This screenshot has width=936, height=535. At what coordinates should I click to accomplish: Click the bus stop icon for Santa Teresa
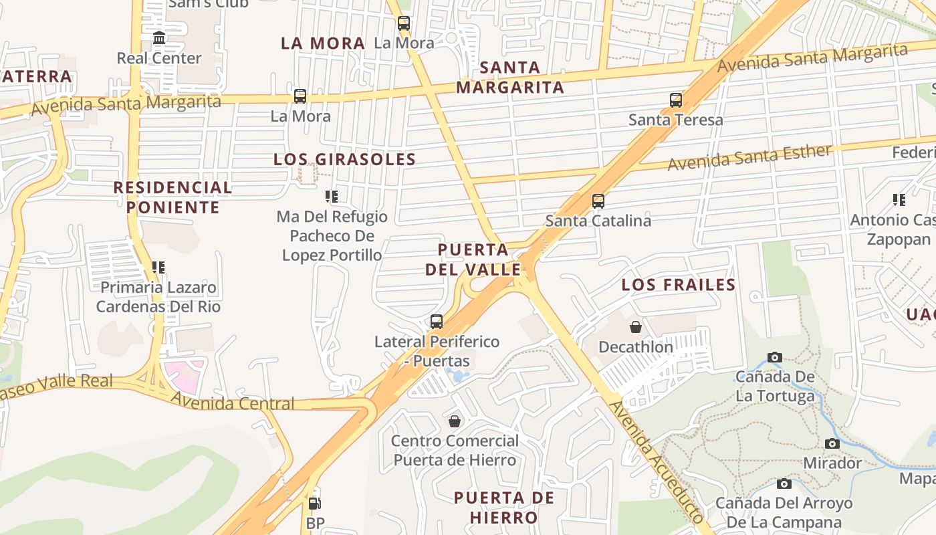pos(676,100)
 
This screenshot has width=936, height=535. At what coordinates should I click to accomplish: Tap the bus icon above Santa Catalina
pos(598,201)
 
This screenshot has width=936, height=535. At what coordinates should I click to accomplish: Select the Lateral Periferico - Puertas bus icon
pos(437,322)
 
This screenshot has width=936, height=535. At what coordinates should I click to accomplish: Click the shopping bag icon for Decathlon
pos(636,327)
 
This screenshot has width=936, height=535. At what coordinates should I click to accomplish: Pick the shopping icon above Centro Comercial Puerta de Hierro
pos(455,421)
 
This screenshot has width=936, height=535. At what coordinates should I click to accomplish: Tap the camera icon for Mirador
pos(832,443)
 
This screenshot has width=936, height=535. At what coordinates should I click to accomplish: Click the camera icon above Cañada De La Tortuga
pos(775,357)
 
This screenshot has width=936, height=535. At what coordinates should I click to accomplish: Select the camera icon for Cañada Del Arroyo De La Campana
pos(784,484)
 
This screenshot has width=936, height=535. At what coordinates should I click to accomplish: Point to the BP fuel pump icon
pos(314,503)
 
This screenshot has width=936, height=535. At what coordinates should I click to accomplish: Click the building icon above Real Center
pos(159,38)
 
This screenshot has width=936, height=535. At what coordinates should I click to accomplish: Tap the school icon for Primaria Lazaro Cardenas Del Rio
pos(158,267)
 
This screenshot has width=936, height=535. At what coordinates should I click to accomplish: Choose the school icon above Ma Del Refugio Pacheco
pos(332,196)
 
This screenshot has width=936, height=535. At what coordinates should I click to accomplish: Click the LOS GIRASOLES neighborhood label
pos(344,159)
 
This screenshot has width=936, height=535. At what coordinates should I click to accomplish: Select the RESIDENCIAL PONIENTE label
pos(172,197)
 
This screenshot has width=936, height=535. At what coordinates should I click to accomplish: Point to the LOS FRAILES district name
pos(678,285)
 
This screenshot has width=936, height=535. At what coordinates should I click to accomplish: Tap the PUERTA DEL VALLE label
pos(473,259)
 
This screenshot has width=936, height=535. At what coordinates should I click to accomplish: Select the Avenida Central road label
pos(232,403)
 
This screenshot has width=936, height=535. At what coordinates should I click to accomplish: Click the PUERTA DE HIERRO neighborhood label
pos(504,508)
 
